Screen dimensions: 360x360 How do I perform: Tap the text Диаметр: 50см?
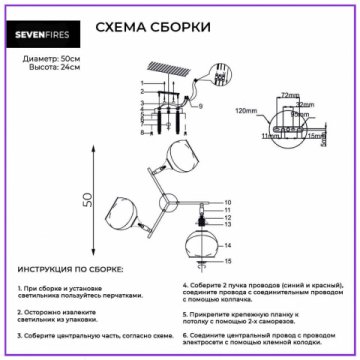(49, 62)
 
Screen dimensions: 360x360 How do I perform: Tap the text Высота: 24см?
(45, 72)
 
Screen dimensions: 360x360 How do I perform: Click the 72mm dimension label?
(291, 94)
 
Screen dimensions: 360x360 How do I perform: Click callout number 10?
(228, 203)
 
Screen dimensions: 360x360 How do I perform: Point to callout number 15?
(228, 266)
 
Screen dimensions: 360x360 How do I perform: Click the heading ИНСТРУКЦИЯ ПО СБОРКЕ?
(71, 271)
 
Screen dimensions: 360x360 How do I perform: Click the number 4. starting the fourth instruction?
(186, 286)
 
